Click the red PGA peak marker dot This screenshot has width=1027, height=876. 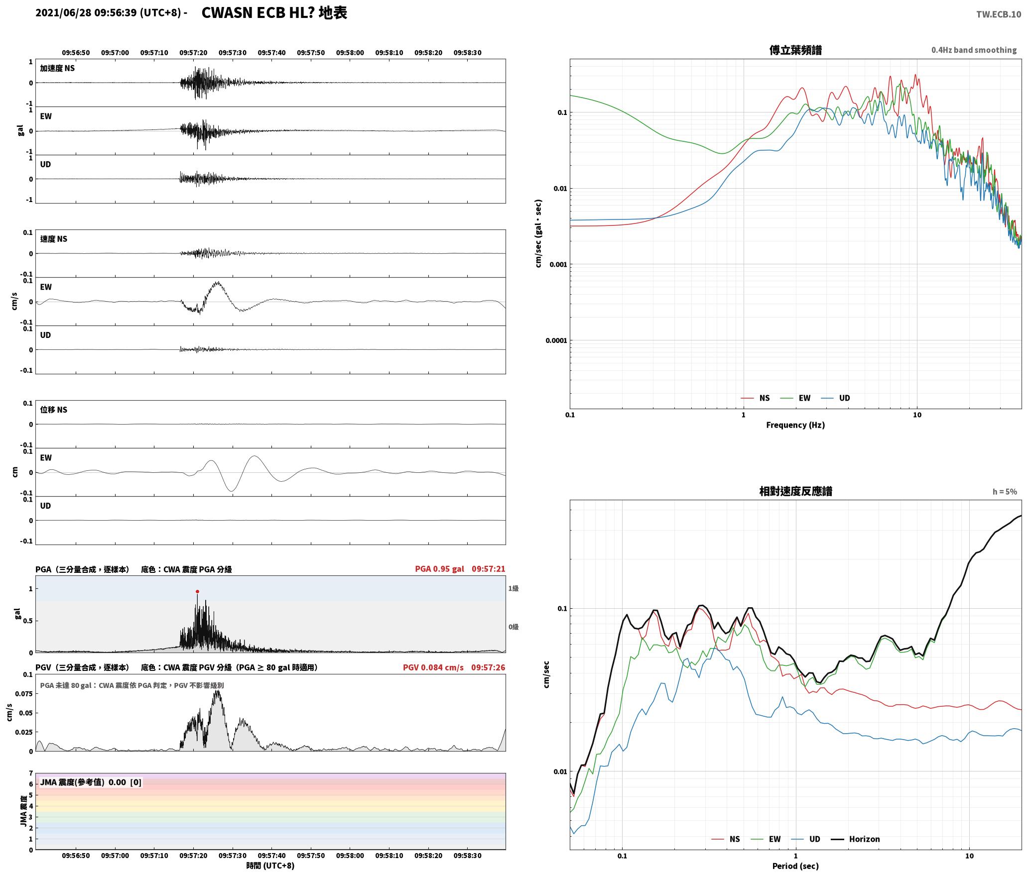point(197,592)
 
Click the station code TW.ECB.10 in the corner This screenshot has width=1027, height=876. point(999,14)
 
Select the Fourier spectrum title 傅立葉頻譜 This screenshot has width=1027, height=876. point(795,50)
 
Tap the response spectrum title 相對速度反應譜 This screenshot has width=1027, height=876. point(795,491)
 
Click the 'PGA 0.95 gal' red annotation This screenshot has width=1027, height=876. point(439,569)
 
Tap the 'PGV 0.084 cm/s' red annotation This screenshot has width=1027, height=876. point(433,667)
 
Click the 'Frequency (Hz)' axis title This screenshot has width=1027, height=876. point(795,425)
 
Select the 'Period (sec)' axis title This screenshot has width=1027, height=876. point(795,866)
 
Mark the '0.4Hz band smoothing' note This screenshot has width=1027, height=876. point(974,50)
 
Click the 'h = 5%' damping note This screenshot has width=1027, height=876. point(1005,492)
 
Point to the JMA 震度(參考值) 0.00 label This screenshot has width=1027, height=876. point(91,782)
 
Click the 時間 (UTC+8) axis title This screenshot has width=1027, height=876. point(270,866)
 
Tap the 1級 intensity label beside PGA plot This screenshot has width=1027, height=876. point(513,588)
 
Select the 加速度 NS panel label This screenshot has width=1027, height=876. point(57,68)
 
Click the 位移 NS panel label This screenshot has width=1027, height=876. point(54,410)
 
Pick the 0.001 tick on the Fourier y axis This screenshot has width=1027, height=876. point(558,264)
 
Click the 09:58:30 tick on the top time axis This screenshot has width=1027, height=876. point(467,53)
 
